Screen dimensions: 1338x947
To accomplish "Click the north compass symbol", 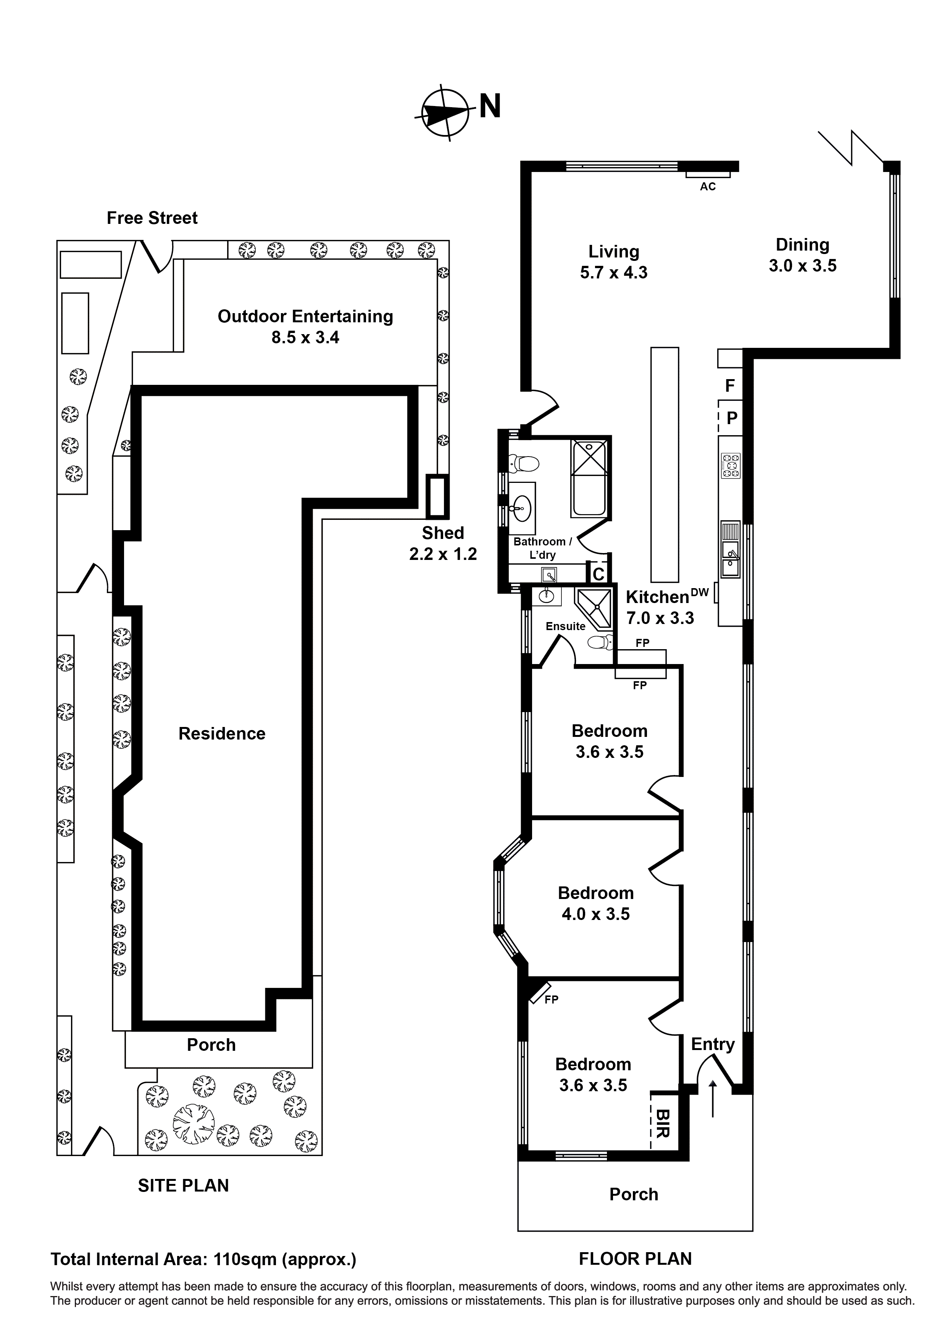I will tap(445, 114).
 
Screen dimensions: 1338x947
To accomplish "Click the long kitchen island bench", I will tap(665, 465).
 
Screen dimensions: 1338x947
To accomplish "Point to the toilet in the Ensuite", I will tap(601, 642).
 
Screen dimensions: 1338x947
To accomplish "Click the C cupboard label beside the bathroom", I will tap(598, 574).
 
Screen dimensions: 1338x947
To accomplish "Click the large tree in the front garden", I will tap(194, 1124).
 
